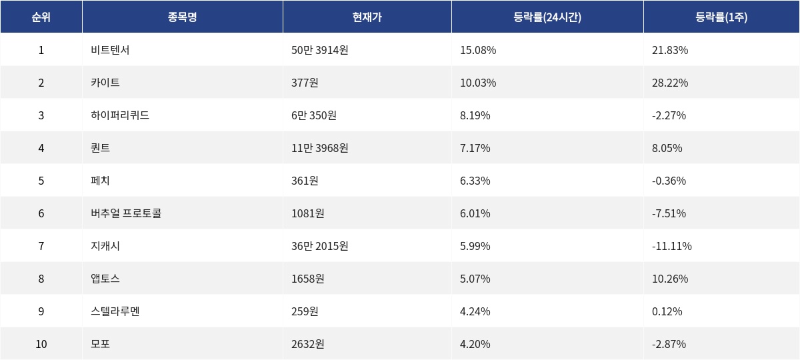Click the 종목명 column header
182,17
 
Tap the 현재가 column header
367,17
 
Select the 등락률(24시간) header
547,17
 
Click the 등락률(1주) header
721,17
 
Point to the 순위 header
41,17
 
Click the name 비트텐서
110,50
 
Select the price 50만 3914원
320,50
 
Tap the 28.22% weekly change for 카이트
670,83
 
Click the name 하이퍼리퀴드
120,115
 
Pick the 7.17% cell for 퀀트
475,148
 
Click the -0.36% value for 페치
669,181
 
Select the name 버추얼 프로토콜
126,213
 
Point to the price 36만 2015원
320,246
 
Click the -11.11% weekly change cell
672,246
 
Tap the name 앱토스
105,279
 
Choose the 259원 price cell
305,311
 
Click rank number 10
41,344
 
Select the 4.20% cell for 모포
475,344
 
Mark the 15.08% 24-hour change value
478,50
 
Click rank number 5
41,181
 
